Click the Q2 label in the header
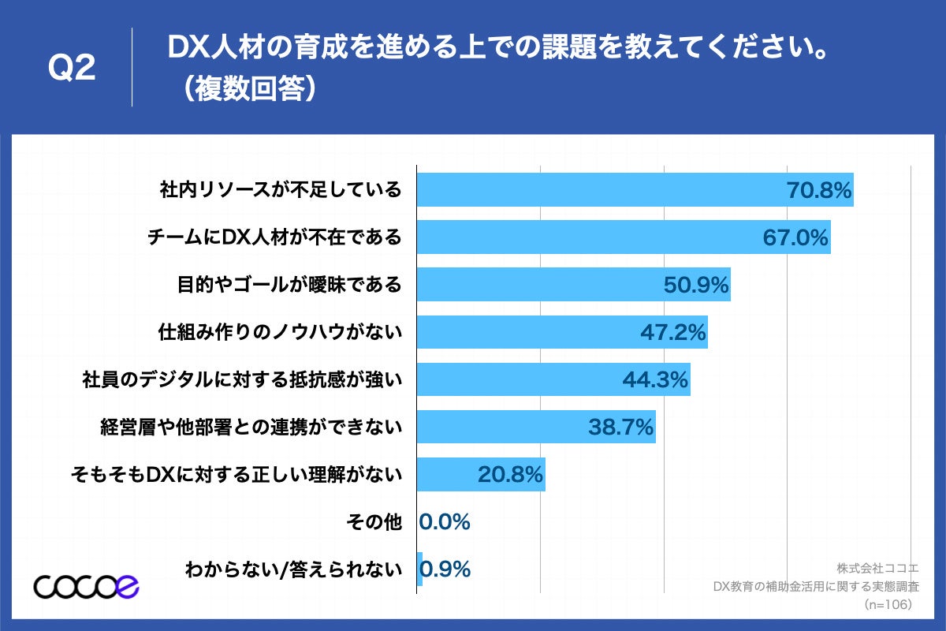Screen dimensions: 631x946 (x=72, y=69)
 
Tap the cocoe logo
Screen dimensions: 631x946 (x=87, y=586)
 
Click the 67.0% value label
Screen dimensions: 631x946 (x=795, y=237)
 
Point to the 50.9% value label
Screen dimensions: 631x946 (x=696, y=285)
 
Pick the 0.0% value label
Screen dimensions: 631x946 (x=445, y=521)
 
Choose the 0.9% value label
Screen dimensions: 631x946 (x=446, y=569)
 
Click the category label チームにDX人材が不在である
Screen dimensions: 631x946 (x=275, y=237)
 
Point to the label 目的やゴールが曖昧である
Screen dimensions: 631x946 (x=289, y=285)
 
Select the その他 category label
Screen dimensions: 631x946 (x=374, y=521)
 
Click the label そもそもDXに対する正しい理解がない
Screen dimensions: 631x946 (x=236, y=474)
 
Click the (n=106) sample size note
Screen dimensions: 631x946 (x=888, y=604)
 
